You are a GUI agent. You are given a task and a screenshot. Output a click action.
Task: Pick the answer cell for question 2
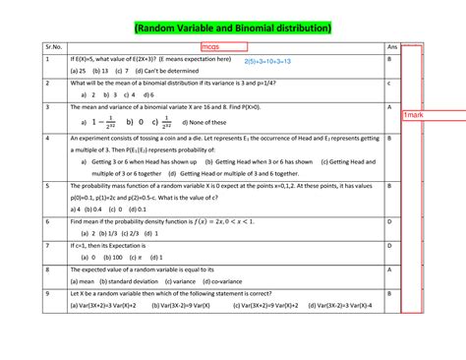pyautogui.click(x=390, y=84)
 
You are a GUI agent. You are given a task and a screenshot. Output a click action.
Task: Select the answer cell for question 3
pyautogui.click(x=390, y=105)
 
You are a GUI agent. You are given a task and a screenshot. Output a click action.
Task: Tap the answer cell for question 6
pyautogui.click(x=390, y=222)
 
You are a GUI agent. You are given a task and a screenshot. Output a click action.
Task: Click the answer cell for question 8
pyautogui.click(x=390, y=269)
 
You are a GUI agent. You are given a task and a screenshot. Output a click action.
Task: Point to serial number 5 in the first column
pyautogui.click(x=47, y=186)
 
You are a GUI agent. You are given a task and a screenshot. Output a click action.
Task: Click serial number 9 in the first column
pyautogui.click(x=47, y=293)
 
